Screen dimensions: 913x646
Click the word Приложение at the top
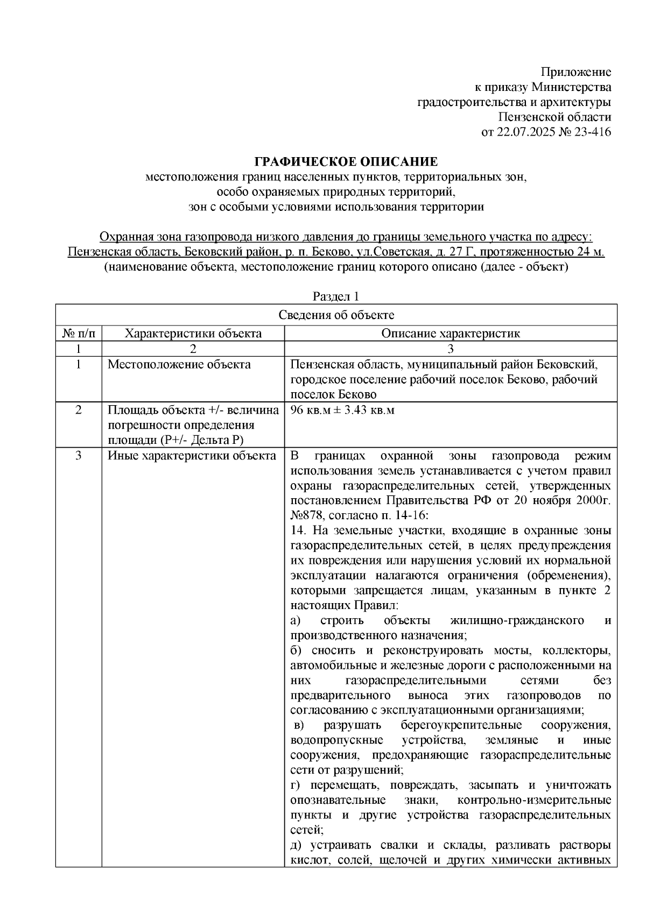click(575, 72)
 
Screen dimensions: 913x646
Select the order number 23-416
click(592, 132)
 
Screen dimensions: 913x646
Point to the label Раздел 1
click(335, 296)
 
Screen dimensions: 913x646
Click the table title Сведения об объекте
click(336, 315)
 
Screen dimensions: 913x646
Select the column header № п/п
click(79, 334)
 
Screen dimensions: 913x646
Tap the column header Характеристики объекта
click(193, 334)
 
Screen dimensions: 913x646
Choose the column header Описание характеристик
click(451, 334)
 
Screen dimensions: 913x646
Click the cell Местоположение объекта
click(179, 365)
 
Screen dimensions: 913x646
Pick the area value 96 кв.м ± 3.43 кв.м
click(343, 411)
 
